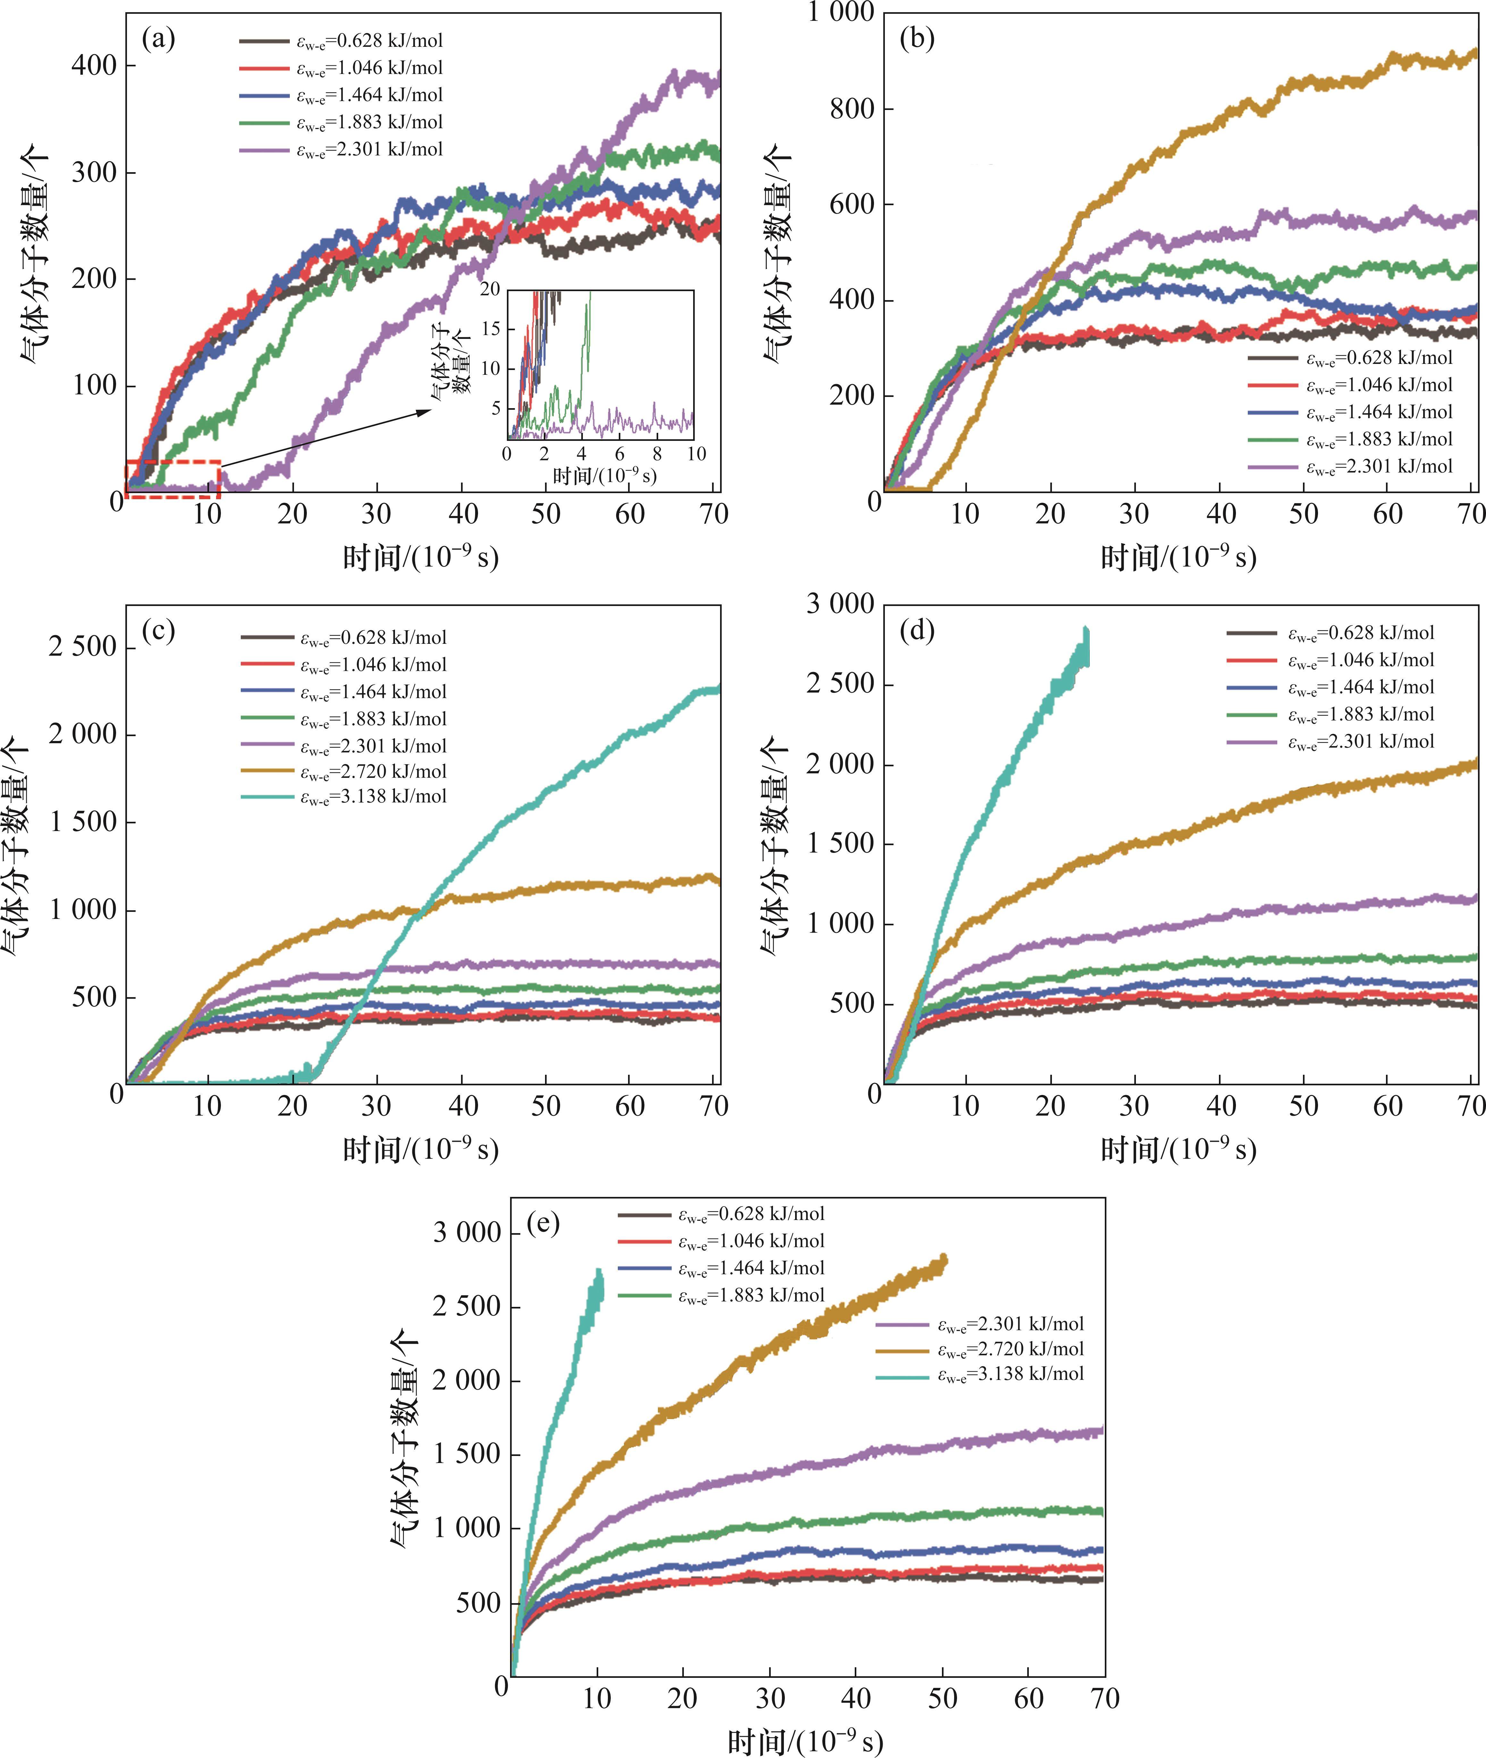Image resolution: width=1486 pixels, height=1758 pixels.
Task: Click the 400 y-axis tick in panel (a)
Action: pos(94,66)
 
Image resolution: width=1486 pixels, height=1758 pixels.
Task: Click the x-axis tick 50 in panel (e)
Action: pos(943,1698)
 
